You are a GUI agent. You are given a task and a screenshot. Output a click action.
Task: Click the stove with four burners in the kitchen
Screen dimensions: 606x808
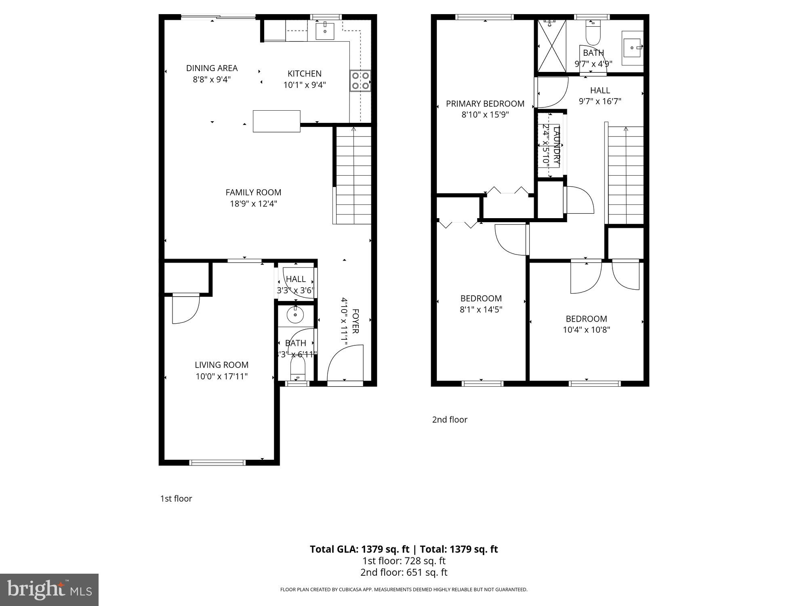tap(360, 80)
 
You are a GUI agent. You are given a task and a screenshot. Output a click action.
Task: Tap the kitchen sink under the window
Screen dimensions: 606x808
tap(325, 31)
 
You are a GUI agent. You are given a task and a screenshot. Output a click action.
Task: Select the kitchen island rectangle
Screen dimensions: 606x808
tap(276, 121)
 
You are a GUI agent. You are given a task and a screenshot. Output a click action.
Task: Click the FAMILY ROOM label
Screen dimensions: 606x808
tap(253, 192)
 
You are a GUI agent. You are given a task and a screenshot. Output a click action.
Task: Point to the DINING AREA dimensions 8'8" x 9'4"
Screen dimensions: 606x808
tap(212, 79)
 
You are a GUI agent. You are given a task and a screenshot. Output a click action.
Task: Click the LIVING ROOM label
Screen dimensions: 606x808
tap(221, 365)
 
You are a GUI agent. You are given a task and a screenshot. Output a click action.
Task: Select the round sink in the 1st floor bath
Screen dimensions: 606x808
tap(295, 315)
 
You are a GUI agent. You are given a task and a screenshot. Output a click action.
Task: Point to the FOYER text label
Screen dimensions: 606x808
tap(355, 321)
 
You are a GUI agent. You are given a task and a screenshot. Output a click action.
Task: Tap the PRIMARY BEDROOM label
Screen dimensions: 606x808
tap(485, 103)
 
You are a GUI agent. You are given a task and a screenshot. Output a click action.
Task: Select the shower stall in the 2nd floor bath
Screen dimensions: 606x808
tap(551, 46)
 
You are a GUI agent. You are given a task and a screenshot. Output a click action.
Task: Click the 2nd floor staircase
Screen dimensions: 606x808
tap(626, 175)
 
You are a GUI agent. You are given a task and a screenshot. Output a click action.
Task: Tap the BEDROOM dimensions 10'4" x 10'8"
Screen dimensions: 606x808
tap(586, 330)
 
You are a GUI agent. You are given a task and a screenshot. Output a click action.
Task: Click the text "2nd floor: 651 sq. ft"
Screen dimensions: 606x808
tap(404, 572)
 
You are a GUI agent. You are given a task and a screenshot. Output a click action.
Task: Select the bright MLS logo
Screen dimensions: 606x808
tap(49, 589)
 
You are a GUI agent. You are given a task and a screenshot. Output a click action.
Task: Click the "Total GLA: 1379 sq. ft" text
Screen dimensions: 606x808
tap(359, 549)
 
